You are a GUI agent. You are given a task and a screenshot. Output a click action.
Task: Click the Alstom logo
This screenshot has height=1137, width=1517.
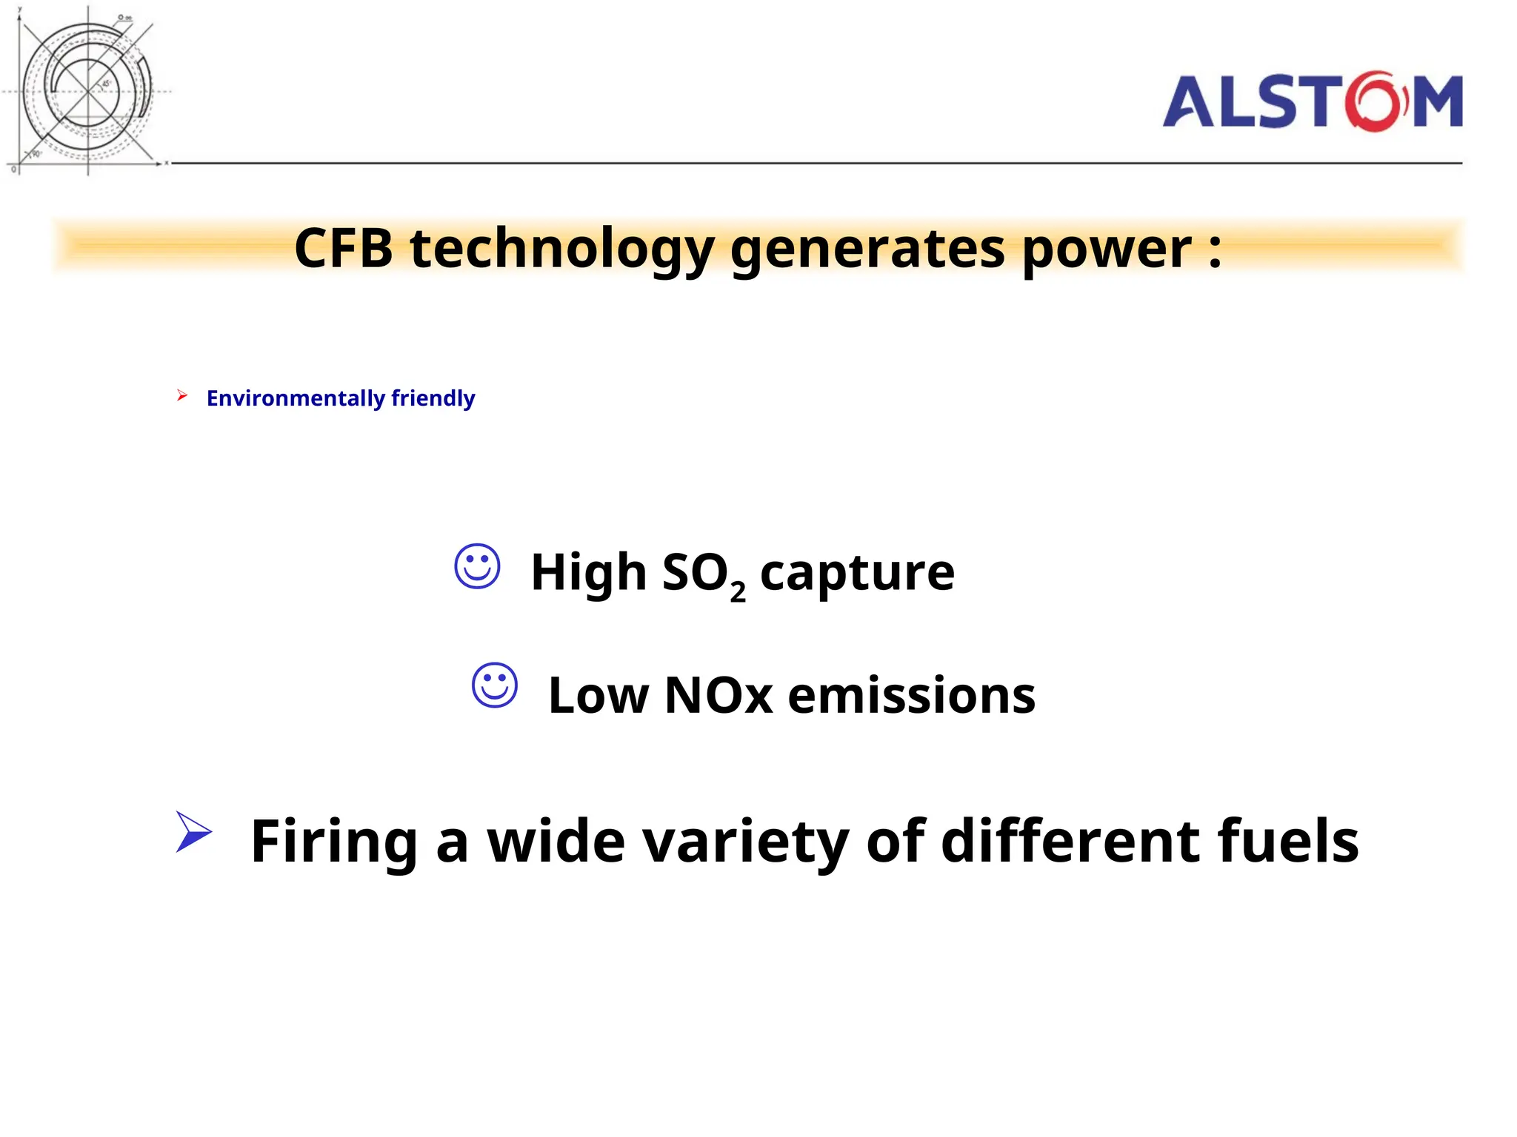click(x=1312, y=101)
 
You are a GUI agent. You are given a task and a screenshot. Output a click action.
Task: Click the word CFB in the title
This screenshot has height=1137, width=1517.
click(x=343, y=248)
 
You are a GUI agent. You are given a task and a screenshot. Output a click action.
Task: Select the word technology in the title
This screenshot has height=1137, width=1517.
click(x=562, y=249)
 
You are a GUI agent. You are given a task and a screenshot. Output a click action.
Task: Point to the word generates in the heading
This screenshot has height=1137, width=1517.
click(x=867, y=249)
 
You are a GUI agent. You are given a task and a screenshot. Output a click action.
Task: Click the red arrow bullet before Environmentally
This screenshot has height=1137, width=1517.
click(x=182, y=396)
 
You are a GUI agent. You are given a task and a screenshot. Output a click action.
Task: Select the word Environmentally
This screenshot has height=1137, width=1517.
click(x=296, y=398)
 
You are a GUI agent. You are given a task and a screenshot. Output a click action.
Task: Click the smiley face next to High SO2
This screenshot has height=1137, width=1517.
click(x=477, y=567)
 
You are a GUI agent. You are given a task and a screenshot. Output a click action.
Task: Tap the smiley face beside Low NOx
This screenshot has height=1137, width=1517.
click(x=495, y=685)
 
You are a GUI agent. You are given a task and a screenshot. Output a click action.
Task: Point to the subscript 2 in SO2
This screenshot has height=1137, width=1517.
click(x=738, y=592)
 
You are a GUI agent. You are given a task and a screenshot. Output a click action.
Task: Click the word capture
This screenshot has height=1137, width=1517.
click(x=857, y=573)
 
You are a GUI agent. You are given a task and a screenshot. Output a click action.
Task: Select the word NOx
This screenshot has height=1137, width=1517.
click(x=719, y=696)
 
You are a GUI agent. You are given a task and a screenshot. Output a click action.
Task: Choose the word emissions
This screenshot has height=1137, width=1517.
click(x=911, y=696)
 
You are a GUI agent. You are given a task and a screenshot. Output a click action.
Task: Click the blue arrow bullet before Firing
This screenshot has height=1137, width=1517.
click(x=193, y=832)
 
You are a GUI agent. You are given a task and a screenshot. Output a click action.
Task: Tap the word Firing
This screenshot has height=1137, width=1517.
click(x=334, y=842)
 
